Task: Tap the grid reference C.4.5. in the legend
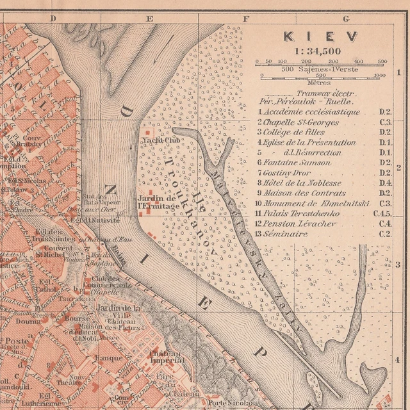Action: pyautogui.click(x=382, y=213)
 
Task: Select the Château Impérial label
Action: pyautogui.click(x=167, y=357)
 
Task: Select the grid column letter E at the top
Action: pyautogui.click(x=150, y=19)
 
